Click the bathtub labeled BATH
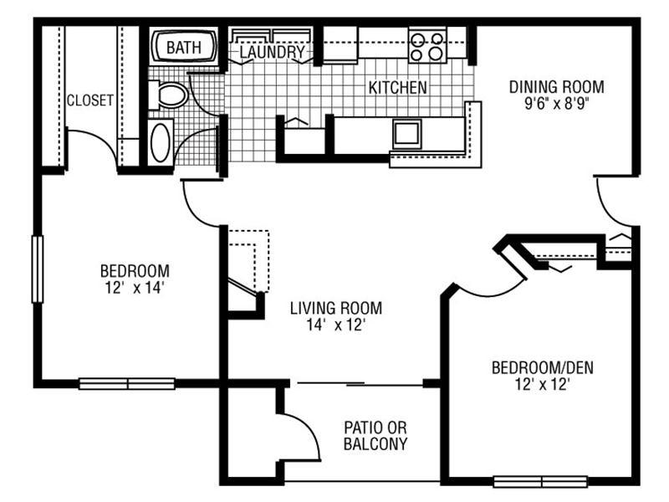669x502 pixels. click(184, 47)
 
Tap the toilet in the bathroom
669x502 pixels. click(169, 95)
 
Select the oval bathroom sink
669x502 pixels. click(161, 142)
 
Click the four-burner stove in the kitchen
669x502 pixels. click(427, 45)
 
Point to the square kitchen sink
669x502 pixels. click(406, 133)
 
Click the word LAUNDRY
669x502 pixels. click(273, 52)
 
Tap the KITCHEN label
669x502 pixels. click(398, 88)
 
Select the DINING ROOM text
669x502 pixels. click(557, 87)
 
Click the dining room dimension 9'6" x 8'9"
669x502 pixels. click(556, 104)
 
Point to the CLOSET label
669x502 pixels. click(90, 100)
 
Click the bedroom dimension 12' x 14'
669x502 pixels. click(135, 288)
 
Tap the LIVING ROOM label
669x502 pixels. click(336, 308)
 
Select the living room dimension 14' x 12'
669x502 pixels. click(336, 325)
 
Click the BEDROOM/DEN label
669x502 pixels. click(542, 367)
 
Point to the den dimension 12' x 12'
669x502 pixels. click(542, 385)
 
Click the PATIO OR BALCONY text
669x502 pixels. click(375, 435)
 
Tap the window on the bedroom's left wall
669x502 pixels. click(38, 269)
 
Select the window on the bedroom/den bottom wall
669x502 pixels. click(541, 482)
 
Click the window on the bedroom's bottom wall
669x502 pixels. click(127, 384)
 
